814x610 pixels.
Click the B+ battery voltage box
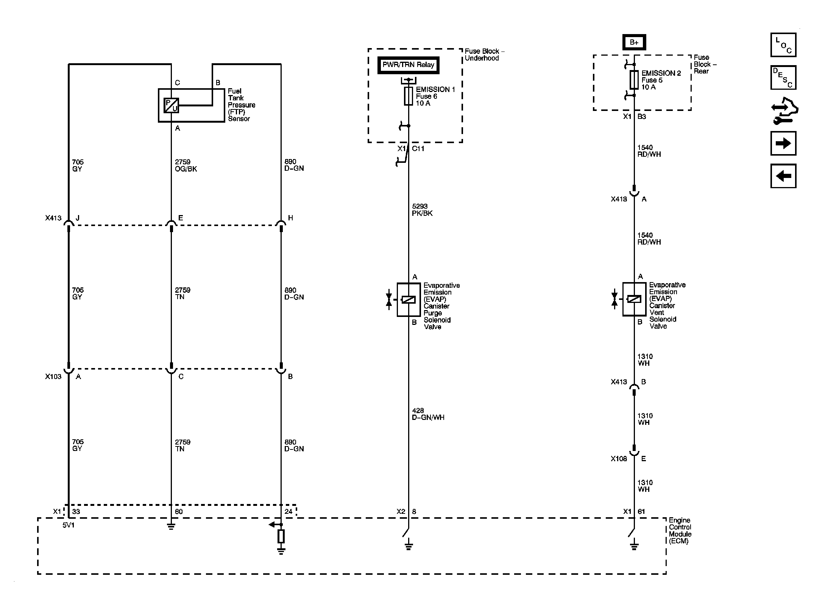pos(634,42)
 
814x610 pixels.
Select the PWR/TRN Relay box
pos(408,65)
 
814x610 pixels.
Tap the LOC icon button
pos(783,45)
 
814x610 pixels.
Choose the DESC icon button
pos(783,78)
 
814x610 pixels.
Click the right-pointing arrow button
pos(783,143)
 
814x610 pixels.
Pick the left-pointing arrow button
pos(783,176)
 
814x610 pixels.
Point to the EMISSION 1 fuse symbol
pos(409,96)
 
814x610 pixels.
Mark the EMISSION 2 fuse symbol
pos(634,80)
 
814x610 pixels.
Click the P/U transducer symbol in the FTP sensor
pos(171,106)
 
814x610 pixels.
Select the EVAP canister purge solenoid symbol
pos(409,300)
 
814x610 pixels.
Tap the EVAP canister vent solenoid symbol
pos(634,299)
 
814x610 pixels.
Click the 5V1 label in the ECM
pos(69,526)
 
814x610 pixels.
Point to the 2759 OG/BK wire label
pos(186,165)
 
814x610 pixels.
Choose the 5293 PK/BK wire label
pos(422,210)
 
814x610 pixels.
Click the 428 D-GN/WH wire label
pos(428,414)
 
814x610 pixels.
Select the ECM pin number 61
pos(641,512)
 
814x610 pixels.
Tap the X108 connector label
pos(619,459)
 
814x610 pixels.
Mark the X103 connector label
pos(53,376)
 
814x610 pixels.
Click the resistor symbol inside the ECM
pos(281,536)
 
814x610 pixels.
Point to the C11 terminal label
pos(418,149)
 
